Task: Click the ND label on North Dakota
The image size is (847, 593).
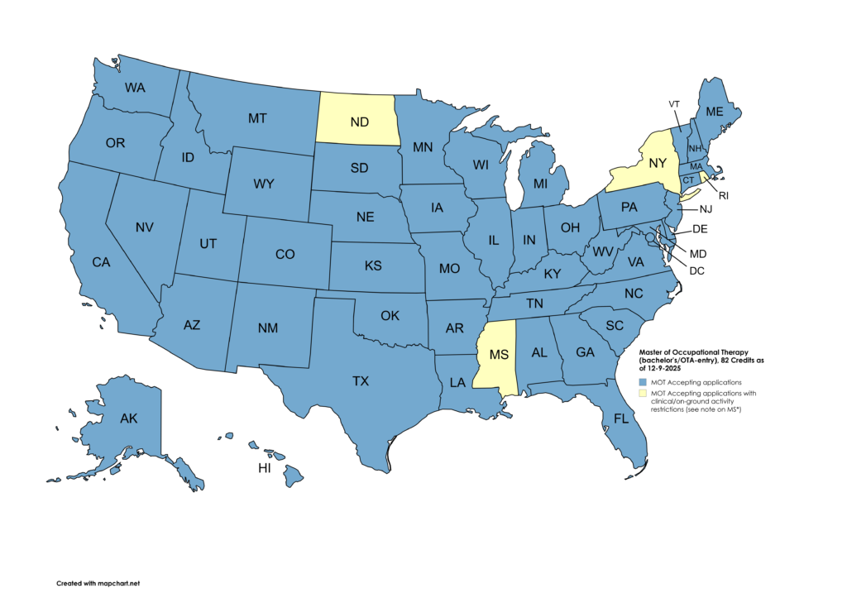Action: point(359,122)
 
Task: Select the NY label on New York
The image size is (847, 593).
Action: point(657,162)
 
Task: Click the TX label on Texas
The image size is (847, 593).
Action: point(361,381)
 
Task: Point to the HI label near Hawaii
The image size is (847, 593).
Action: point(265,468)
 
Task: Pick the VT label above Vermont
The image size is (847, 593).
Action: point(674,103)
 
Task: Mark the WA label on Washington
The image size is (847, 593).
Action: point(136,87)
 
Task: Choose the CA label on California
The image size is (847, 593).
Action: point(101,262)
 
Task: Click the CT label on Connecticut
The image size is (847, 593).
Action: point(688,179)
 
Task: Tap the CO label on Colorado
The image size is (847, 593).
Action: point(285,255)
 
